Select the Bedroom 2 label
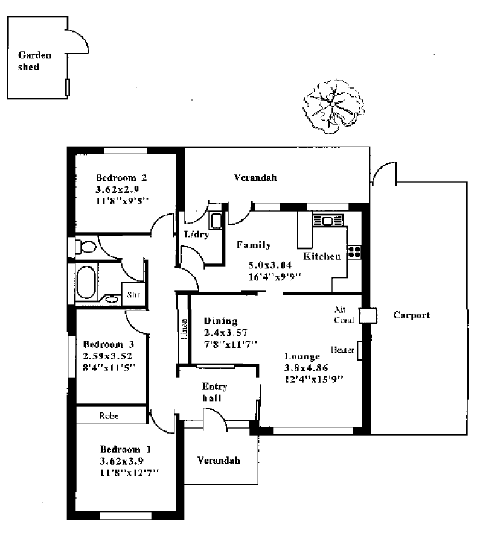point(121,178)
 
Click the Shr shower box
point(133,295)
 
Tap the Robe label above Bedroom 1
point(110,415)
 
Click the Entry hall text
point(214,393)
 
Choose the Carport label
point(411,315)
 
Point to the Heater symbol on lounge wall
point(360,350)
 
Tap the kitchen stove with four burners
point(354,251)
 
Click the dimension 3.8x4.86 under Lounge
point(305,368)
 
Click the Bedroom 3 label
point(108,344)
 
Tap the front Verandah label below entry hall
point(219,460)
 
